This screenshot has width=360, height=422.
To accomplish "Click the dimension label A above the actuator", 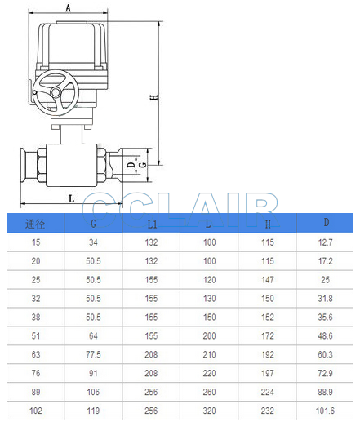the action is [68, 7].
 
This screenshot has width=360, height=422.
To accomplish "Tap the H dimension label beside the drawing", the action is [154, 97].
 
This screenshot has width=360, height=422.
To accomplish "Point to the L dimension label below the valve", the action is [71, 198].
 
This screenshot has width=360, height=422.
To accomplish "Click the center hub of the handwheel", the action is [56, 92].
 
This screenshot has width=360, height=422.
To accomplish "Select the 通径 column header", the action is [35, 224].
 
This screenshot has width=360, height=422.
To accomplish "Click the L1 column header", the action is [152, 224].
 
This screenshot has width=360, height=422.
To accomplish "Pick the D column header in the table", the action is [327, 223].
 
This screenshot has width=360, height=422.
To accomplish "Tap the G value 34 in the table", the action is [93, 242].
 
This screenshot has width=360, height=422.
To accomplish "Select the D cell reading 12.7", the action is [325, 242].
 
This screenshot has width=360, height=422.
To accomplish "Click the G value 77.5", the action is [93, 354].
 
